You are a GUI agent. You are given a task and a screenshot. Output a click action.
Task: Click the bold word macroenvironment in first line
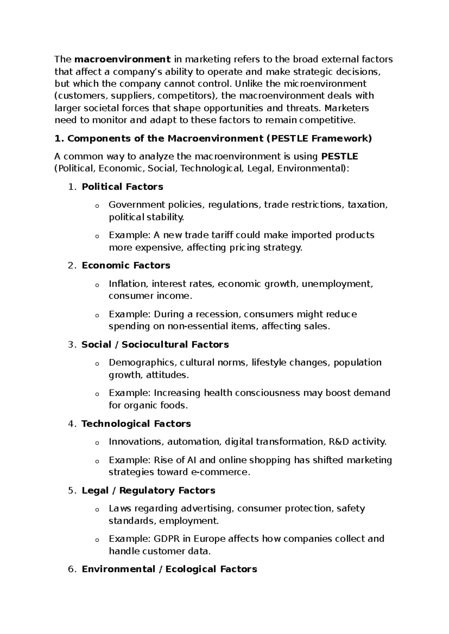click(x=123, y=59)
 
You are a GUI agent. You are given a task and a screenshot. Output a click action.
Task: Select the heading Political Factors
click(x=122, y=187)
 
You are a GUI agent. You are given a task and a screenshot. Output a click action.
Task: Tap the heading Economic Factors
click(x=126, y=265)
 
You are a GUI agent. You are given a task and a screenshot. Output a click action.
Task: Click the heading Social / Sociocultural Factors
click(x=155, y=344)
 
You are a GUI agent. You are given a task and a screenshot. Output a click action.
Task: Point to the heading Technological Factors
click(x=136, y=424)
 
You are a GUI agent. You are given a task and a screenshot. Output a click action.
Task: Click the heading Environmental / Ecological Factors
click(x=169, y=569)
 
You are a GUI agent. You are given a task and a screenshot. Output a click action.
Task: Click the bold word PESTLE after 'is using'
click(x=339, y=156)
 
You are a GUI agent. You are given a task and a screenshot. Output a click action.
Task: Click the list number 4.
click(x=72, y=424)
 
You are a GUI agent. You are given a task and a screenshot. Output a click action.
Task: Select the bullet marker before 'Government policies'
click(x=97, y=206)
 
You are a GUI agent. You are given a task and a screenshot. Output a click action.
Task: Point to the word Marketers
click(x=346, y=108)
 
